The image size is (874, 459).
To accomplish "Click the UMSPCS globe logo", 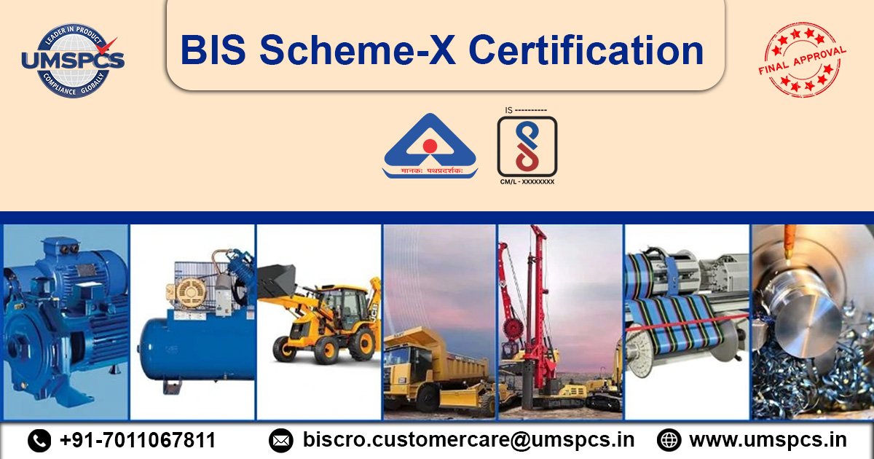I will point(73,61).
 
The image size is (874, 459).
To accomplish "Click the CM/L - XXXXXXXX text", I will point(527,181).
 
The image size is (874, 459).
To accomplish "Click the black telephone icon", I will point(39,440).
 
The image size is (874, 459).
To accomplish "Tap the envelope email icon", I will point(280,440).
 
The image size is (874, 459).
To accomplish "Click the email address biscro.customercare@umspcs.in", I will point(468,440).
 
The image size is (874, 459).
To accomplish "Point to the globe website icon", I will point(668,440).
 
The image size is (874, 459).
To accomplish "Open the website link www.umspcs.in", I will point(768,440).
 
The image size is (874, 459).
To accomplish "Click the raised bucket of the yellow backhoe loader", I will point(277,280).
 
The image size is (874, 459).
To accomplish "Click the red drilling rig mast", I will point(538,291).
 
